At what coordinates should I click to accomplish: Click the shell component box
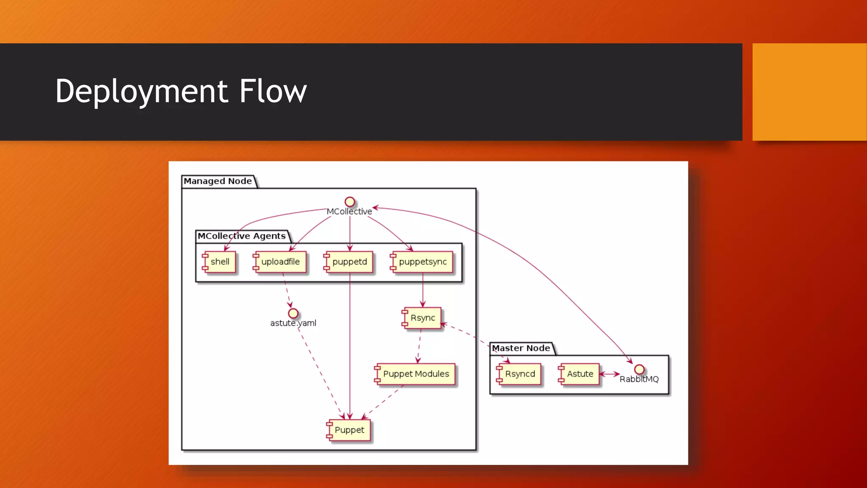pyautogui.click(x=219, y=262)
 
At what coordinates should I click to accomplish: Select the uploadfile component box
pyautogui.click(x=280, y=262)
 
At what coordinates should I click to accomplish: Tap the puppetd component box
pyautogui.click(x=349, y=262)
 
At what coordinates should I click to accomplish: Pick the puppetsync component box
pyautogui.click(x=422, y=262)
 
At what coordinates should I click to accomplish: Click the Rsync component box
pyautogui.click(x=422, y=318)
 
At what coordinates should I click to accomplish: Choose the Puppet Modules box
pyautogui.click(x=415, y=374)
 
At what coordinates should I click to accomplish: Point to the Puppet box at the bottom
pyautogui.click(x=349, y=430)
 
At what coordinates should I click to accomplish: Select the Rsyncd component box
pyautogui.click(x=519, y=374)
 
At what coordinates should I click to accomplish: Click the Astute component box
pyautogui.click(x=580, y=374)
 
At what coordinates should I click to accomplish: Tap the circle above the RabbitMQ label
pyautogui.click(x=639, y=369)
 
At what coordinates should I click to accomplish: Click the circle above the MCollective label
pyautogui.click(x=350, y=202)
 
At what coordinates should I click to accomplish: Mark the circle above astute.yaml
pyautogui.click(x=293, y=313)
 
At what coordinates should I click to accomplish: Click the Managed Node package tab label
pyautogui.click(x=218, y=181)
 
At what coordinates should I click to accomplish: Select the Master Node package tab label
pyautogui.click(x=521, y=348)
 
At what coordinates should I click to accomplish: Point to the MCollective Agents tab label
pyautogui.click(x=242, y=236)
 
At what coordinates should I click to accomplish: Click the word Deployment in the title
pyautogui.click(x=142, y=91)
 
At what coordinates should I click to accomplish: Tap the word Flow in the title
pyautogui.click(x=273, y=91)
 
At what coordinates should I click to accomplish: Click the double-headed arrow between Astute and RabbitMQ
pyautogui.click(x=610, y=374)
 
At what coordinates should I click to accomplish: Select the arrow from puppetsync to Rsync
pyautogui.click(x=422, y=290)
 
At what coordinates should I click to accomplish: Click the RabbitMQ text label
pyautogui.click(x=639, y=380)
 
